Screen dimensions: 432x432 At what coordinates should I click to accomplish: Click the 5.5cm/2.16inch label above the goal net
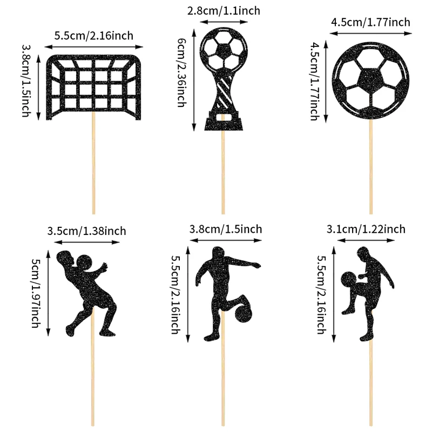[x=93, y=36]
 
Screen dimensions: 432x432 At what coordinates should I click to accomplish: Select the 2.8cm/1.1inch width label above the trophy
[x=224, y=11]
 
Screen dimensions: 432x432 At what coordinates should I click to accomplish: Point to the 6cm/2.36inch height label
[x=181, y=72]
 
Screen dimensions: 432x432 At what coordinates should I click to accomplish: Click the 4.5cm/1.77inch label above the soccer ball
[x=370, y=22]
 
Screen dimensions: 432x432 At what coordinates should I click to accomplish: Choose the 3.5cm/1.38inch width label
[x=86, y=231]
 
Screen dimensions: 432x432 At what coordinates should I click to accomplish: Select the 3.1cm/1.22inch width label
[x=366, y=229]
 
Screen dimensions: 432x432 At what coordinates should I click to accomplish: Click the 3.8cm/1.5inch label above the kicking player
[x=225, y=229]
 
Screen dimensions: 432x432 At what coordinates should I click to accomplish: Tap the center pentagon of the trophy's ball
[x=223, y=50]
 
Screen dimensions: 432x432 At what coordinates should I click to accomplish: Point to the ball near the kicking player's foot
[x=244, y=313]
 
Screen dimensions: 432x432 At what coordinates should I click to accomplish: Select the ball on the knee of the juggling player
[x=349, y=280]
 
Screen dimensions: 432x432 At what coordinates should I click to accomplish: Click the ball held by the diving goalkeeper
[x=85, y=262]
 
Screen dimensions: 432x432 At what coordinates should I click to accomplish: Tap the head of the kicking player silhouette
[x=218, y=253]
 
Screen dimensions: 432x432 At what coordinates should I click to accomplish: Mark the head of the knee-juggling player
[x=363, y=253]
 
